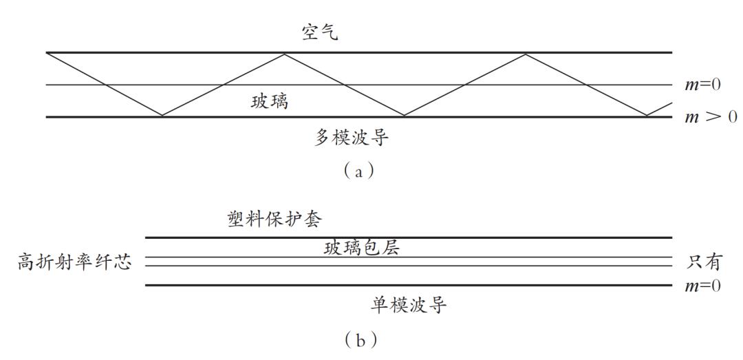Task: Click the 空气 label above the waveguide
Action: click(x=320, y=33)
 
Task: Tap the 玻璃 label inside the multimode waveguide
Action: click(x=269, y=103)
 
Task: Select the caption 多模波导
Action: click(x=352, y=138)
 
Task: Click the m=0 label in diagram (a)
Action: click(x=702, y=85)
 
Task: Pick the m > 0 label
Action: click(x=711, y=116)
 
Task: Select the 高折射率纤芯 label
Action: click(x=74, y=262)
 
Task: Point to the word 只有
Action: click(x=704, y=262)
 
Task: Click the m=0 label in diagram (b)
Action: click(x=702, y=285)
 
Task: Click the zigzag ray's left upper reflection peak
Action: click(x=284, y=54)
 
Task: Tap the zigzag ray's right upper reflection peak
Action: click(x=526, y=54)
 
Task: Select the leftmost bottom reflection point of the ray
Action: click(x=162, y=116)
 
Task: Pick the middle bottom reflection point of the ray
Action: click(x=405, y=116)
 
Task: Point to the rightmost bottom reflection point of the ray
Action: click(x=647, y=116)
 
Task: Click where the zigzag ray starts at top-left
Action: click(x=47, y=53)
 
